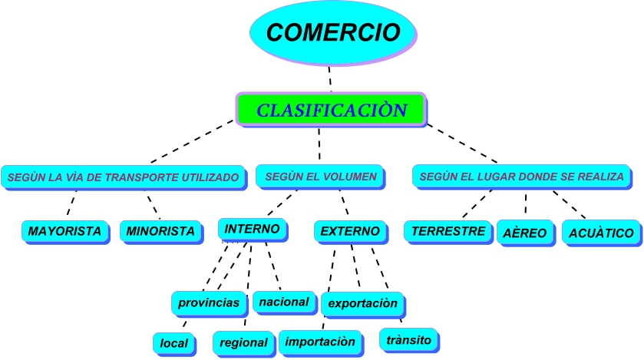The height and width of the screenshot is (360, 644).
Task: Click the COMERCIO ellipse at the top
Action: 332,33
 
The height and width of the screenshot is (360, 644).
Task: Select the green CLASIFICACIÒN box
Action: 331,110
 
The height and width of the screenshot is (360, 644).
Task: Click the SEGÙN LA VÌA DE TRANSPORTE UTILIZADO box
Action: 124,177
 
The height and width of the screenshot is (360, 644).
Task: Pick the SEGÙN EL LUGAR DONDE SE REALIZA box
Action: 522,177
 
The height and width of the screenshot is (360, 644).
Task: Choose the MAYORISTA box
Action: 64,231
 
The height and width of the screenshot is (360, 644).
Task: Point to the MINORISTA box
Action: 160,231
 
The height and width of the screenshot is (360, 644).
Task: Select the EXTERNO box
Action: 349,231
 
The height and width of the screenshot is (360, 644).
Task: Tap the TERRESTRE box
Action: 448,230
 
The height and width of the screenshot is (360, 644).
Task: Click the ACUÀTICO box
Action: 601,233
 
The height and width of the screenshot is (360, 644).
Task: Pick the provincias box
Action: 209,303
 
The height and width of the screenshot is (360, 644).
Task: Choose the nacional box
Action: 283,302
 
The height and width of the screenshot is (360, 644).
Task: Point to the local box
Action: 173,343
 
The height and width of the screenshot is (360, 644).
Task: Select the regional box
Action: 243,342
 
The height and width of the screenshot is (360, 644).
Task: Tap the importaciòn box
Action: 320,341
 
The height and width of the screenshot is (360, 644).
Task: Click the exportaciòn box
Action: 362,303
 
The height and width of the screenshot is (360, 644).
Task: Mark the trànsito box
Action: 409,339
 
